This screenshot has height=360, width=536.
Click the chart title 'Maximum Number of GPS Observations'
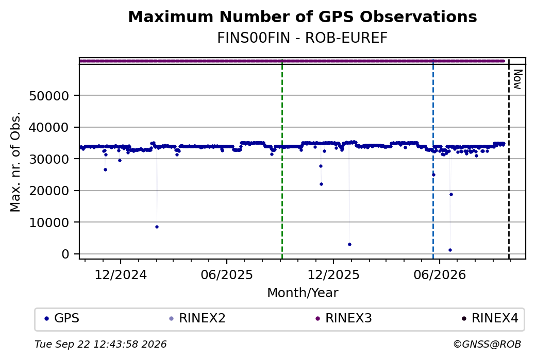[303, 16]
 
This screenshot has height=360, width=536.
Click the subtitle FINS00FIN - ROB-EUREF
[303, 38]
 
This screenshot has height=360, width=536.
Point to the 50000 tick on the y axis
[49, 96]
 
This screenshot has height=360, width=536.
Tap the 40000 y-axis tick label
[49, 128]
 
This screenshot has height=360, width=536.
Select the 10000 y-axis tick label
[49, 222]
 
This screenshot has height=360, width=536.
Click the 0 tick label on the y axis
[65, 254]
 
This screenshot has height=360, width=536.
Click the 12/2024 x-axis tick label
[120, 275]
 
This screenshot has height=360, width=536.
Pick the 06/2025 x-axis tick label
[227, 275]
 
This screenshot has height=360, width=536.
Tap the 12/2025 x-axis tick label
[333, 275]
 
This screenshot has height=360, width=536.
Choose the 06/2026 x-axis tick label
[440, 275]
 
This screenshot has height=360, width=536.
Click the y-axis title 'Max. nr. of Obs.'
[15, 162]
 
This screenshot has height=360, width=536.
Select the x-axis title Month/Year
[303, 293]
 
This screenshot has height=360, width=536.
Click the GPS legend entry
[62, 318]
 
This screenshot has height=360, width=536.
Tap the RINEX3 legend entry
[344, 318]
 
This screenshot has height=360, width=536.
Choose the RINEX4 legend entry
[490, 318]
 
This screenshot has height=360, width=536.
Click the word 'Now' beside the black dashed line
[517, 80]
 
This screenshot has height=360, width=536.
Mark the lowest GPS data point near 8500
[157, 227]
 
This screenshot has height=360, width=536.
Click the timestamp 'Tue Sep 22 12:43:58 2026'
[100, 344]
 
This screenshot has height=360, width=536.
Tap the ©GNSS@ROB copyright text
[487, 344]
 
